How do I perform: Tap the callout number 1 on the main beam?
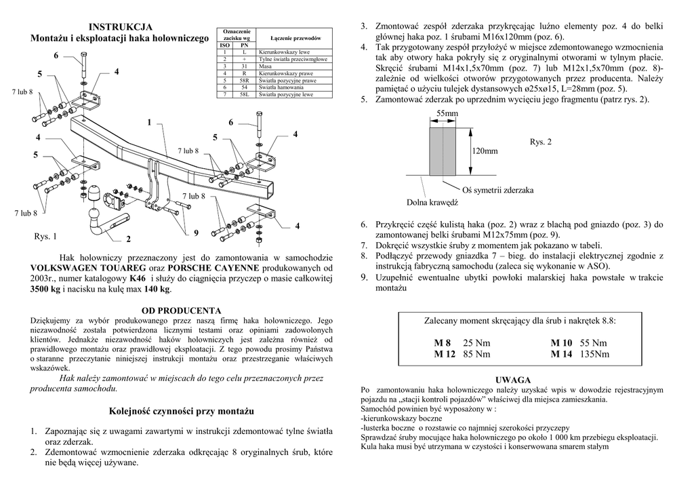(x=149, y=123)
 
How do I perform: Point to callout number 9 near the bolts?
(x=196, y=233)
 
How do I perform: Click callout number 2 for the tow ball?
(x=128, y=239)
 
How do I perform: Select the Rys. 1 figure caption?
(x=45, y=237)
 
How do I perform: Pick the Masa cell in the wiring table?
(x=266, y=66)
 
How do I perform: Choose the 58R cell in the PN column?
(x=243, y=80)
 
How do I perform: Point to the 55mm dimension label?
(x=447, y=113)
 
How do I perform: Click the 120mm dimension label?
(x=485, y=151)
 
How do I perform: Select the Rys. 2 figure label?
(x=541, y=142)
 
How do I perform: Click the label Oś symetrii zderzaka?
(x=497, y=190)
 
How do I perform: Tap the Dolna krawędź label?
(x=432, y=202)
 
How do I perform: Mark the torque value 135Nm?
(x=595, y=354)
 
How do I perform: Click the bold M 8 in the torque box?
(x=443, y=343)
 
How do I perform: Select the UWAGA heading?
(x=513, y=380)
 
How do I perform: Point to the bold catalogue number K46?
(x=138, y=279)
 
